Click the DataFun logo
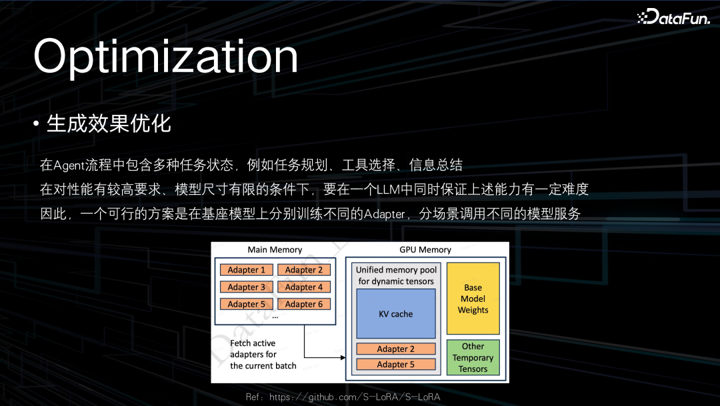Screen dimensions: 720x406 pos(673,17)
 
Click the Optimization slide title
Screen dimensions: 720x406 pos(166,56)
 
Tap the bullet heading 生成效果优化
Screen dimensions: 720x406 pos(109,124)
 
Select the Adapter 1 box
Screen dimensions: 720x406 pos(247,270)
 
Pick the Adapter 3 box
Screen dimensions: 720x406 pos(247,287)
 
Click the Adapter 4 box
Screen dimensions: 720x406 pos(304,287)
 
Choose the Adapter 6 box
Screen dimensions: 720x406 pos(304,304)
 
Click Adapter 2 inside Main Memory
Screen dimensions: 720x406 pos(304,270)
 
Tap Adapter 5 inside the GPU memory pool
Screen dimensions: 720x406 pos(396,364)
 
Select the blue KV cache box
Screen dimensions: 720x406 pos(396,314)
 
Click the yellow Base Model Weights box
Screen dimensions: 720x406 pos(473,298)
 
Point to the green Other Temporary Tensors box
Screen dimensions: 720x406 pos(473,357)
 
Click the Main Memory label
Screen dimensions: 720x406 pos(275,250)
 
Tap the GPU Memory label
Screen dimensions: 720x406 pos(425,250)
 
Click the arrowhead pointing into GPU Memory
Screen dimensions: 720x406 pos(343,357)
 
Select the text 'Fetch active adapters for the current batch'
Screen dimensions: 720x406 pos(263,355)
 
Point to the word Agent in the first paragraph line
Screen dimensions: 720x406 pos(69,165)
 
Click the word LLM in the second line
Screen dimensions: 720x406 pos(388,189)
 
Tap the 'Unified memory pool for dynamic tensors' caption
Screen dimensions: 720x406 pos(396,275)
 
